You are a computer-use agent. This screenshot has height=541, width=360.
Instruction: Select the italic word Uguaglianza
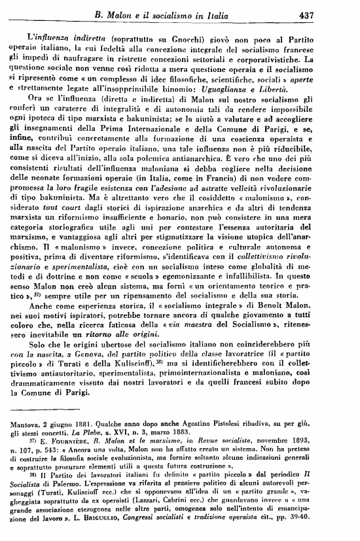(x=242, y=88)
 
